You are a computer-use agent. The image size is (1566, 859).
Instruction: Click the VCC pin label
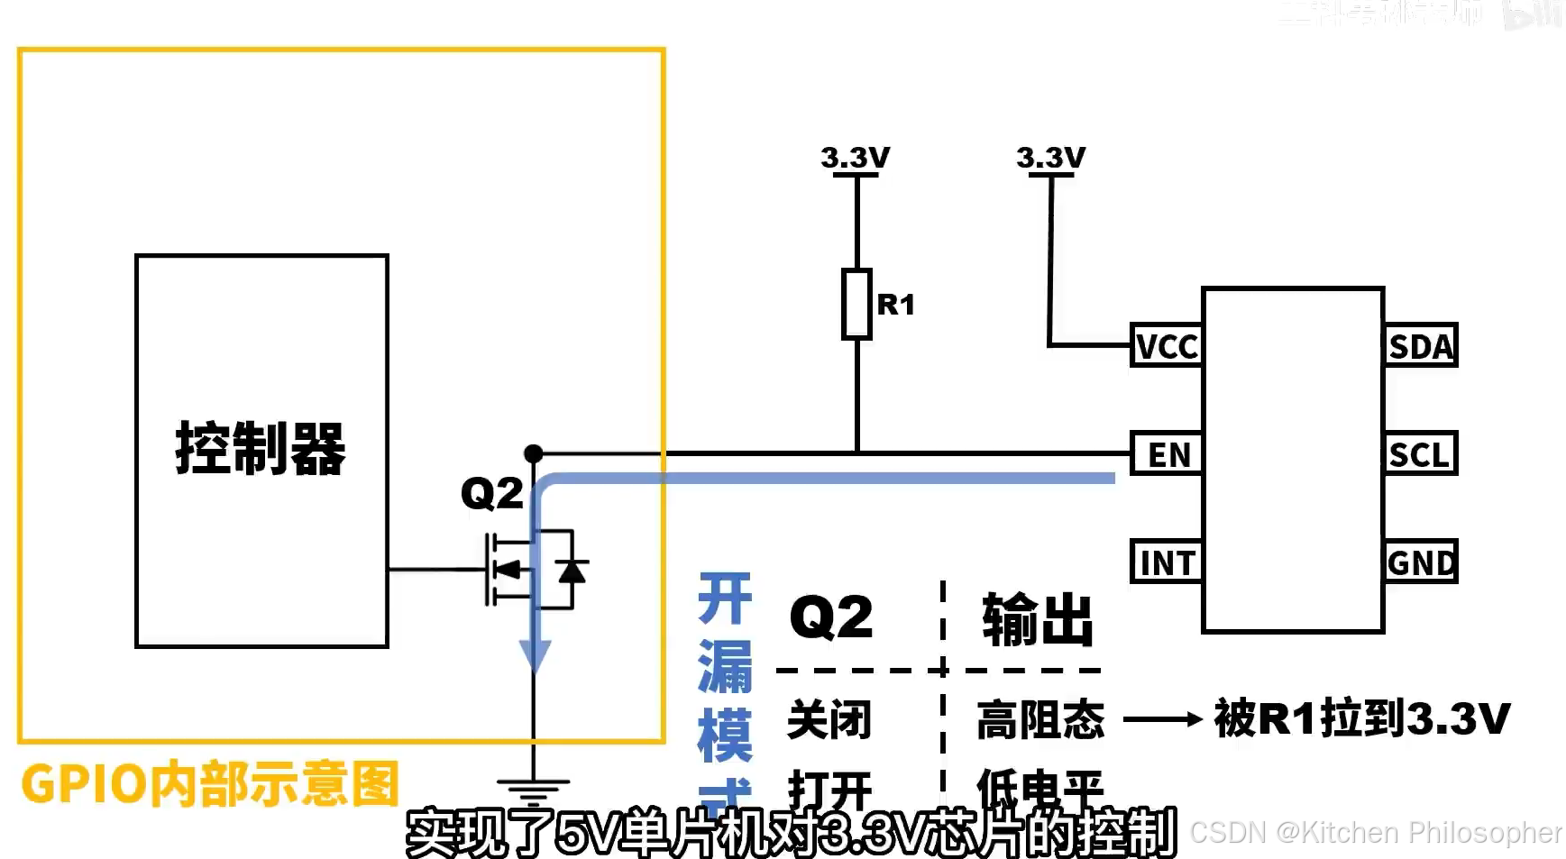click(1167, 346)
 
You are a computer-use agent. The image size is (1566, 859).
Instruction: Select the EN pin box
click(1168, 454)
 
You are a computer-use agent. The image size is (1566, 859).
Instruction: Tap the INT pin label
click(1167, 562)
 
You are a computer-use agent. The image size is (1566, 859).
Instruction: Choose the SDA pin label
click(1421, 346)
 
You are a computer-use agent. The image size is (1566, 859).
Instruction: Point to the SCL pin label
click(1420, 454)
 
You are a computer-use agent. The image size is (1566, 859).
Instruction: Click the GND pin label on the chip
click(1421, 562)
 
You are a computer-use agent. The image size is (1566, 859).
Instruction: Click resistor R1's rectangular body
click(856, 304)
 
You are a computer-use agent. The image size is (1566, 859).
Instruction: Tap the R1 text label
click(896, 305)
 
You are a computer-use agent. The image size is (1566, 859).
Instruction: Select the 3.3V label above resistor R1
click(855, 158)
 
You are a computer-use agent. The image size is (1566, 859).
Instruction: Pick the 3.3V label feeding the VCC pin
click(1050, 158)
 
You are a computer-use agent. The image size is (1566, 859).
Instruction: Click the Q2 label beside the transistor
click(491, 493)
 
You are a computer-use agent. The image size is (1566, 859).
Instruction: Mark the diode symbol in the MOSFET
click(572, 571)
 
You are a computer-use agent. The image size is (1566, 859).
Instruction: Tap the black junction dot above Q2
click(534, 452)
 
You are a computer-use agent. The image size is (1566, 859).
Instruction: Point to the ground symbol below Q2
click(534, 790)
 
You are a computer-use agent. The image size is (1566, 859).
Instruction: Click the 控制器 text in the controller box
click(261, 448)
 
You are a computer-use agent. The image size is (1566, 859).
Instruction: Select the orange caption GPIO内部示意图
click(209, 783)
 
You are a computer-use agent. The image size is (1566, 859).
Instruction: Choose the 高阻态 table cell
click(1040, 719)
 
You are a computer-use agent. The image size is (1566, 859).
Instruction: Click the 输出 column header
click(1038, 619)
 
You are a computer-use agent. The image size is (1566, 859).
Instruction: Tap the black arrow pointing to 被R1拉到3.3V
click(1163, 719)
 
